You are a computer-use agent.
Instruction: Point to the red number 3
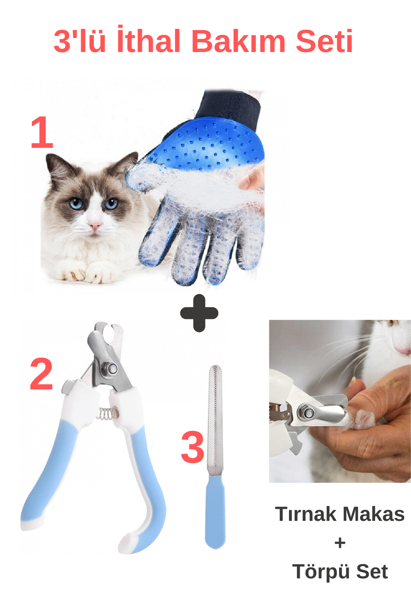click(x=193, y=447)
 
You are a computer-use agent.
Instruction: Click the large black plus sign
click(x=199, y=313)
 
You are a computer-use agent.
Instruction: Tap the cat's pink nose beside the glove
click(x=94, y=226)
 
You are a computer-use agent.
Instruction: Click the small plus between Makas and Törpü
click(x=340, y=543)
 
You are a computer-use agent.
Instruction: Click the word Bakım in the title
click(x=239, y=41)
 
